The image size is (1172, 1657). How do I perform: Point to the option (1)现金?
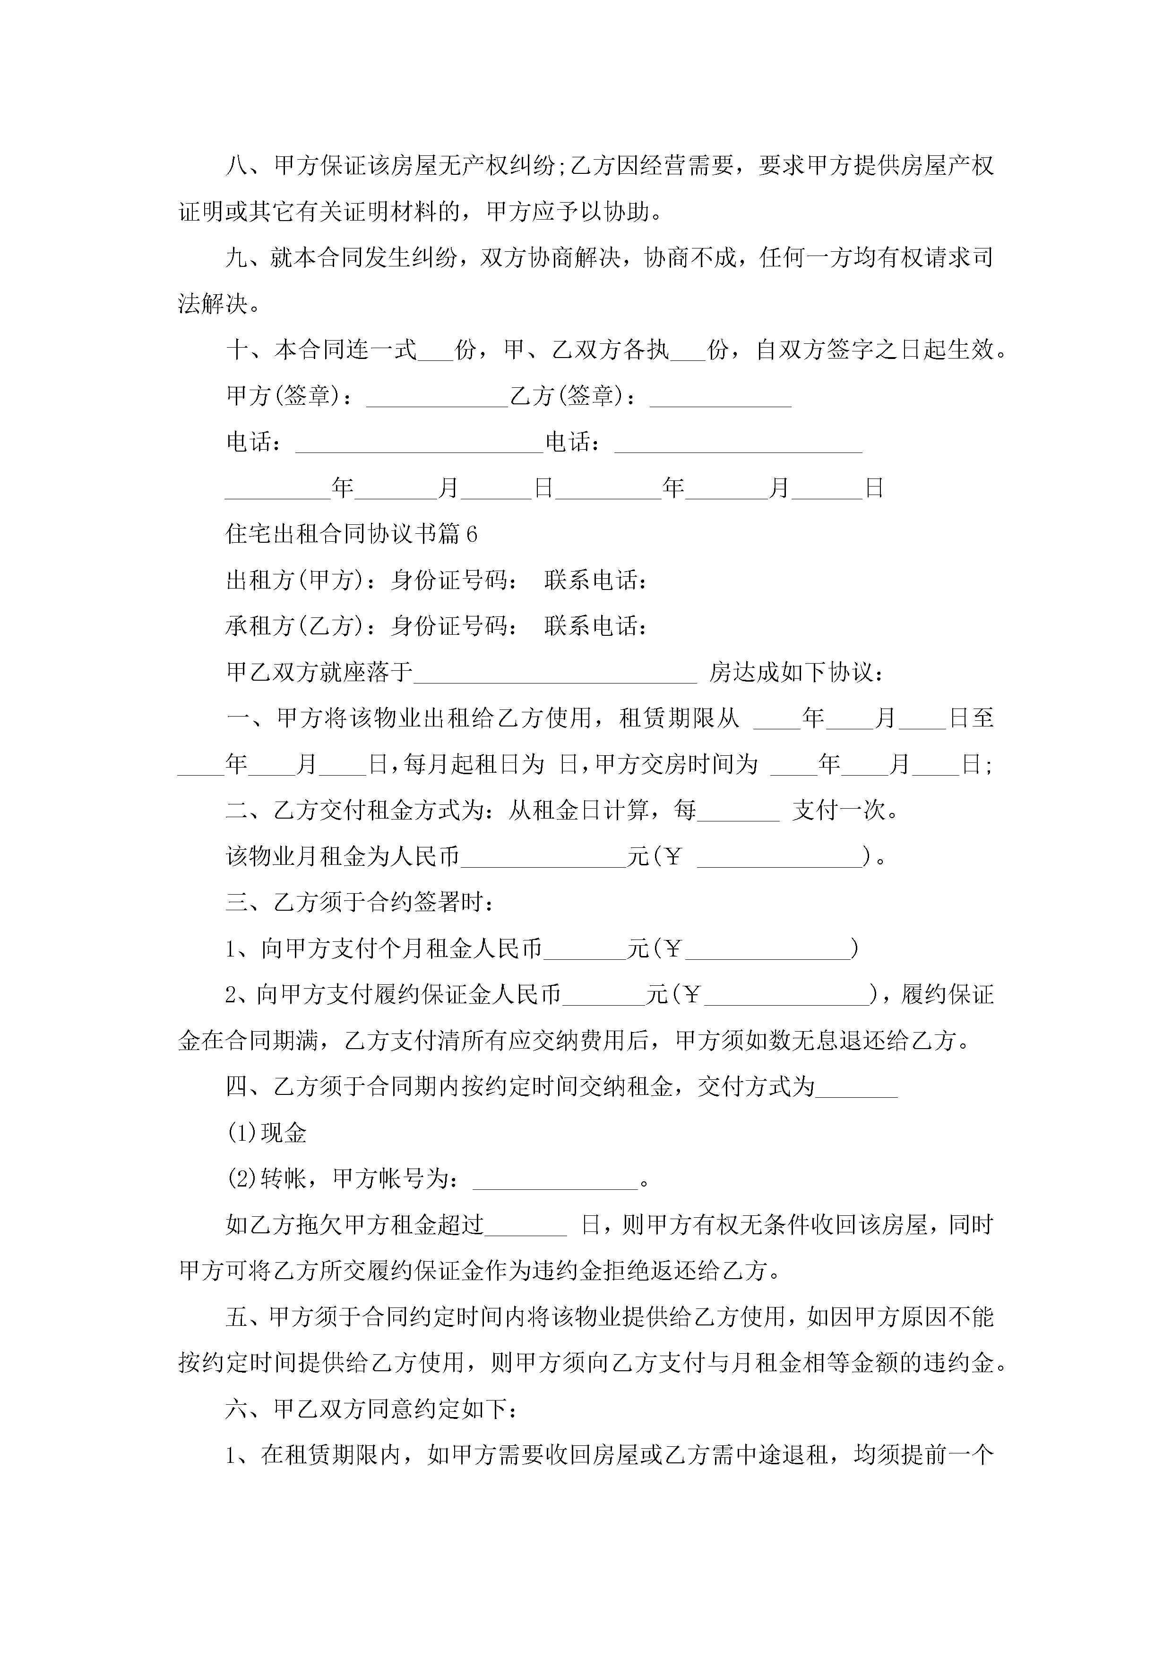[267, 1133]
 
